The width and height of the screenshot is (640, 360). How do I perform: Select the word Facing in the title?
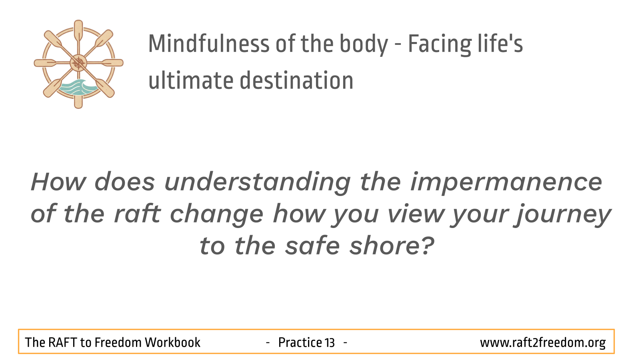coord(440,45)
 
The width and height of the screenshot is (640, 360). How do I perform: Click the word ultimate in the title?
coord(191,80)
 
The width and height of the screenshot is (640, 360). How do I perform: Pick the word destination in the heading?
coord(296,80)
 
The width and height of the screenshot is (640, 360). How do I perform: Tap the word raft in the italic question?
coord(138,214)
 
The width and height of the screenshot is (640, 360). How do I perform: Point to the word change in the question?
coord(216,215)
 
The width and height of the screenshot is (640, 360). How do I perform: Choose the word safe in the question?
coord(312,246)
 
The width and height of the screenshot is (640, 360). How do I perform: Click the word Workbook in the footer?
coord(172,342)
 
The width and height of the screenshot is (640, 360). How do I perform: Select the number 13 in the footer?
coord(330,342)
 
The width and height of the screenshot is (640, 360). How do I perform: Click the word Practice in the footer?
coord(300,342)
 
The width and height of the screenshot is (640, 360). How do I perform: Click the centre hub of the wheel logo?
coord(78,63)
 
